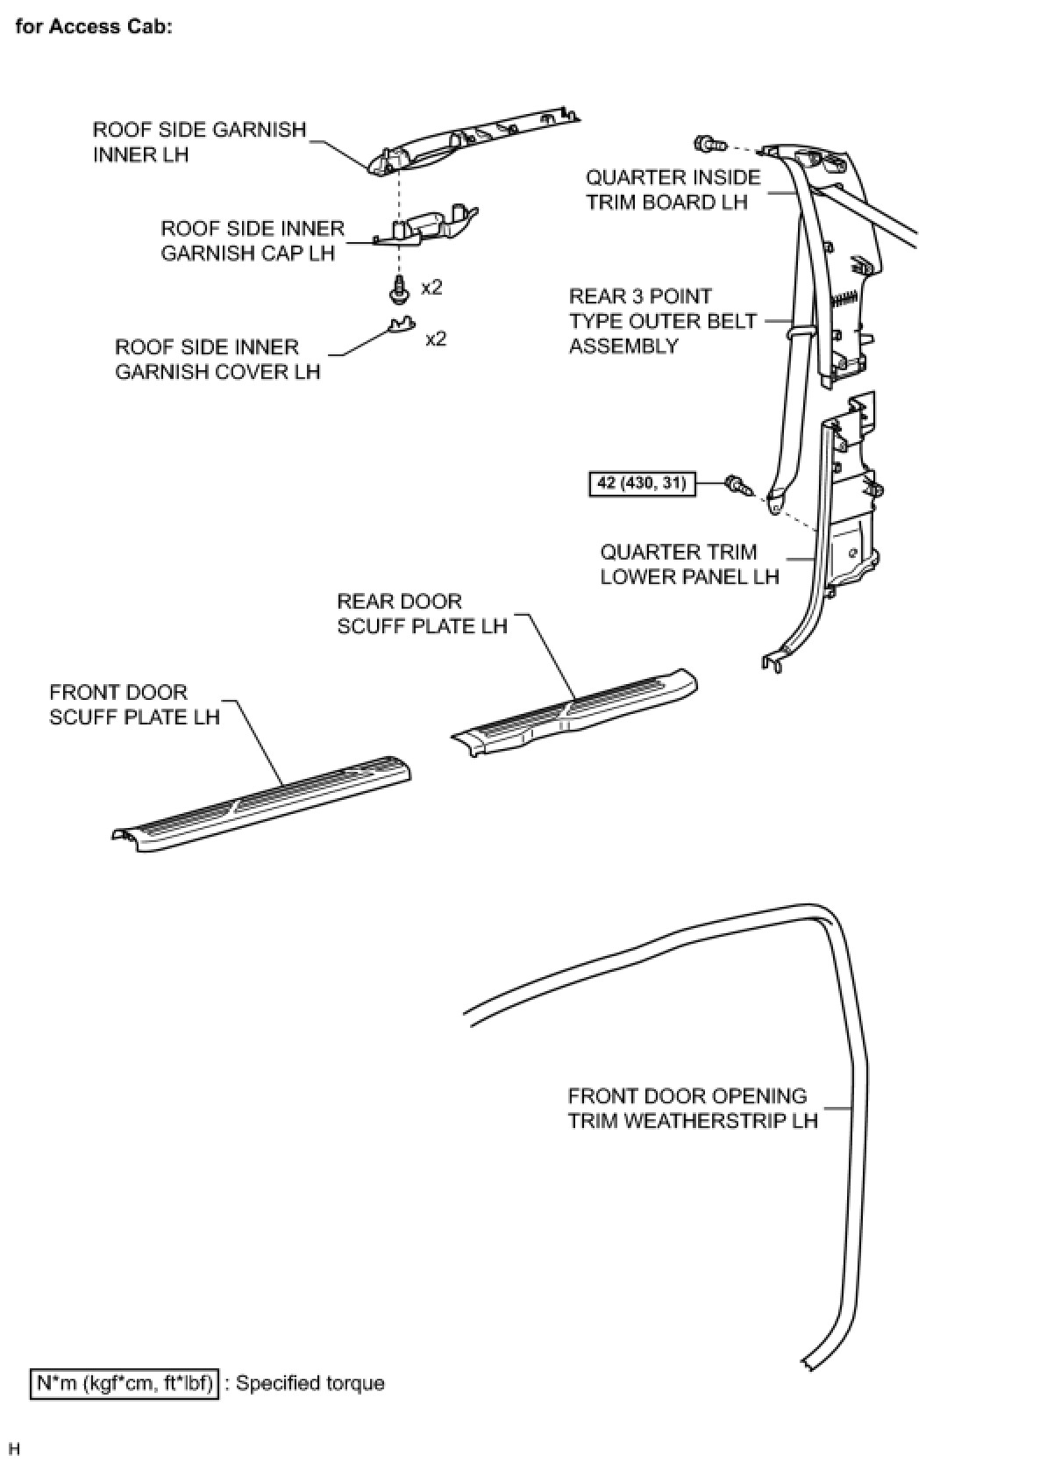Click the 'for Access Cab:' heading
94,26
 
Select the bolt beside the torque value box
737,484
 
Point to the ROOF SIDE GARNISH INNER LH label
199,142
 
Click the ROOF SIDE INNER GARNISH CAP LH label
252,241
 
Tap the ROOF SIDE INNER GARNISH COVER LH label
217,360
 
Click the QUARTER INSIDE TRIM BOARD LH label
673,189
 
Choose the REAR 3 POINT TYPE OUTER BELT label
662,321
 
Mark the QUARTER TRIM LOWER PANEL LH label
689,564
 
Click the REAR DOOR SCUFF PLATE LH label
422,613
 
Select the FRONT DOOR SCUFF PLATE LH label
134,704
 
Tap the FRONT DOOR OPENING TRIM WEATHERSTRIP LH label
692,1108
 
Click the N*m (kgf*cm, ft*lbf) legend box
124,1383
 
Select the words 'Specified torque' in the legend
310,1383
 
